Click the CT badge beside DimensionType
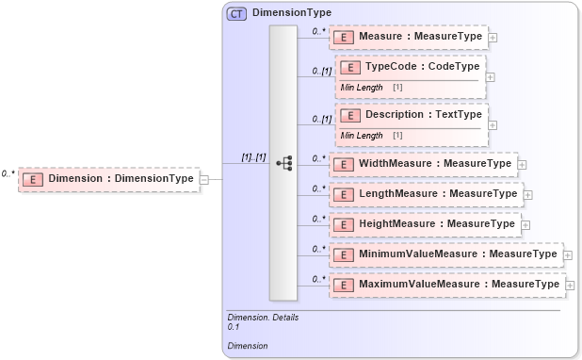235,14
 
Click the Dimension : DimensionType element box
109,178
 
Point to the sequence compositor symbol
283,163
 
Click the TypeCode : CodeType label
423,67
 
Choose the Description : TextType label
423,114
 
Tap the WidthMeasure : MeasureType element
423,164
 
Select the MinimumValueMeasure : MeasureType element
446,254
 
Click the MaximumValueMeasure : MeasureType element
446,284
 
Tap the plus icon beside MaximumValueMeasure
569,285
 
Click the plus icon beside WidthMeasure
522,165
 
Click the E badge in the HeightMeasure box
344,224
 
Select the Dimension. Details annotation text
263,318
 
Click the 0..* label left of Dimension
8,173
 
